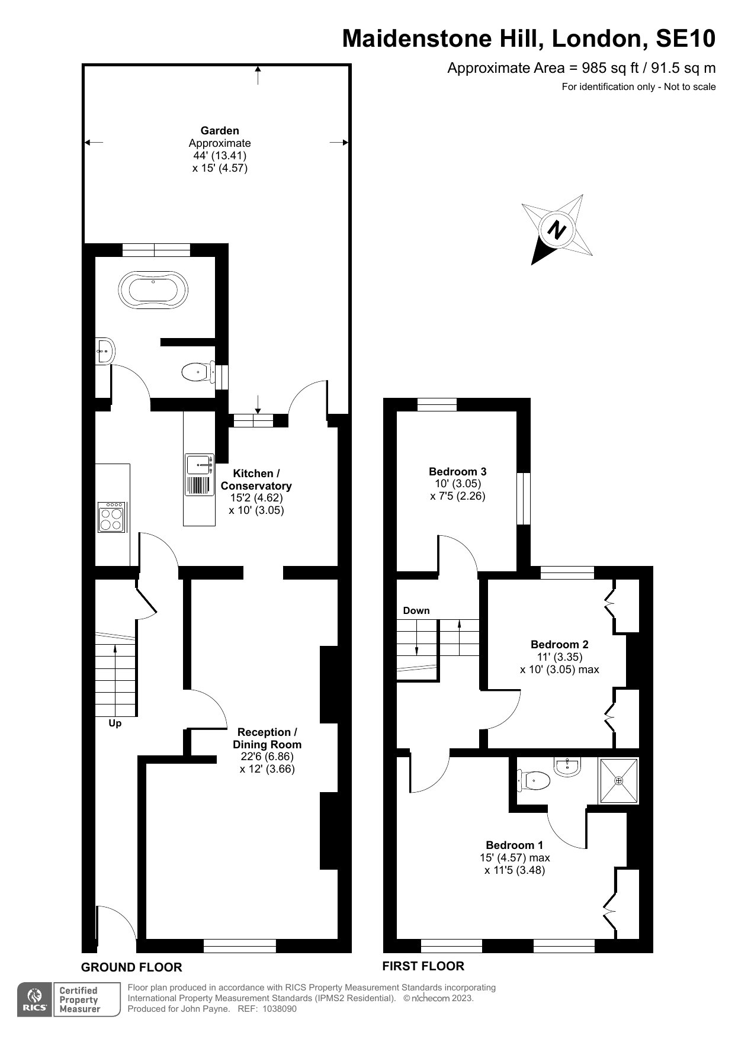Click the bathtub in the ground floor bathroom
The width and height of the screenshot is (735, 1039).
click(153, 290)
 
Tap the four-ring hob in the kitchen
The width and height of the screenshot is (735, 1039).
click(112, 517)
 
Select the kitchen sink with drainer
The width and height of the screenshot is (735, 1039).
click(200, 475)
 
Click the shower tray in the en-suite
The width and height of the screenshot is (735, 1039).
click(619, 781)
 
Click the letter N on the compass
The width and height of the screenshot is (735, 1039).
click(556, 229)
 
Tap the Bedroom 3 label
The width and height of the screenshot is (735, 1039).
click(458, 472)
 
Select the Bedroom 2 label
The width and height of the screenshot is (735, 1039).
click(560, 644)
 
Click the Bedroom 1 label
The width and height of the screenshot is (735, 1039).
click(514, 845)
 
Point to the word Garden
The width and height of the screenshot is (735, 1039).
click(220, 131)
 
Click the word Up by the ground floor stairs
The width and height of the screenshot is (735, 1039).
click(115, 723)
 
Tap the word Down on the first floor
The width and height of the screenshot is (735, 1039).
click(416, 610)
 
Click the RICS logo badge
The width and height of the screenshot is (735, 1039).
click(34, 1000)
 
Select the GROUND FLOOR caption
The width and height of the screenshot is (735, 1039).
click(131, 967)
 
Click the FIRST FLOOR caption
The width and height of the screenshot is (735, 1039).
click(423, 966)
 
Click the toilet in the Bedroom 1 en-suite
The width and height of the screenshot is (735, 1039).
click(534, 780)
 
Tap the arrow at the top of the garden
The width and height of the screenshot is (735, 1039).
click(258, 75)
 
